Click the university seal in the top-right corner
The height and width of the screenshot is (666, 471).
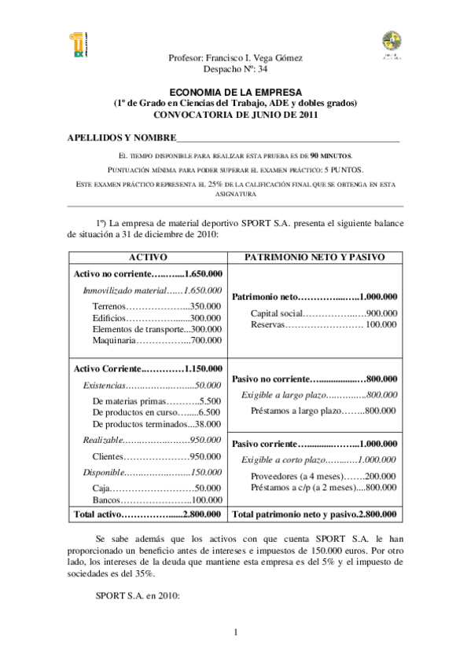[391, 45]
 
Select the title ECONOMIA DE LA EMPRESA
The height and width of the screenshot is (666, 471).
[235, 92]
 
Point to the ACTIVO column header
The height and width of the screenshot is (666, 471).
[148, 258]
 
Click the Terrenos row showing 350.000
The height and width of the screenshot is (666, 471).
[156, 306]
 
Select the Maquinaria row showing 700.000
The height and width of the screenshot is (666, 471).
[156, 341]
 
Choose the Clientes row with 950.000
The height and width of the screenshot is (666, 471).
[156, 456]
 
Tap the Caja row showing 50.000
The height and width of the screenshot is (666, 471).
[156, 488]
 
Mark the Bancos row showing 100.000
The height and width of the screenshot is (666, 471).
[156, 499]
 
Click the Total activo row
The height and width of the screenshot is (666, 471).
[148, 515]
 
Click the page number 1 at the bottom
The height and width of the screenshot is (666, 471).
[235, 632]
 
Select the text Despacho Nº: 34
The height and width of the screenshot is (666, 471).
[235, 69]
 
